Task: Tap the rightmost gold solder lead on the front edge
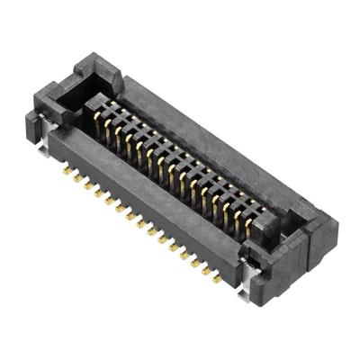(217, 279)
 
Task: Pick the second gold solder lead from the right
(206, 272)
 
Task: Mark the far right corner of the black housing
(337, 236)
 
